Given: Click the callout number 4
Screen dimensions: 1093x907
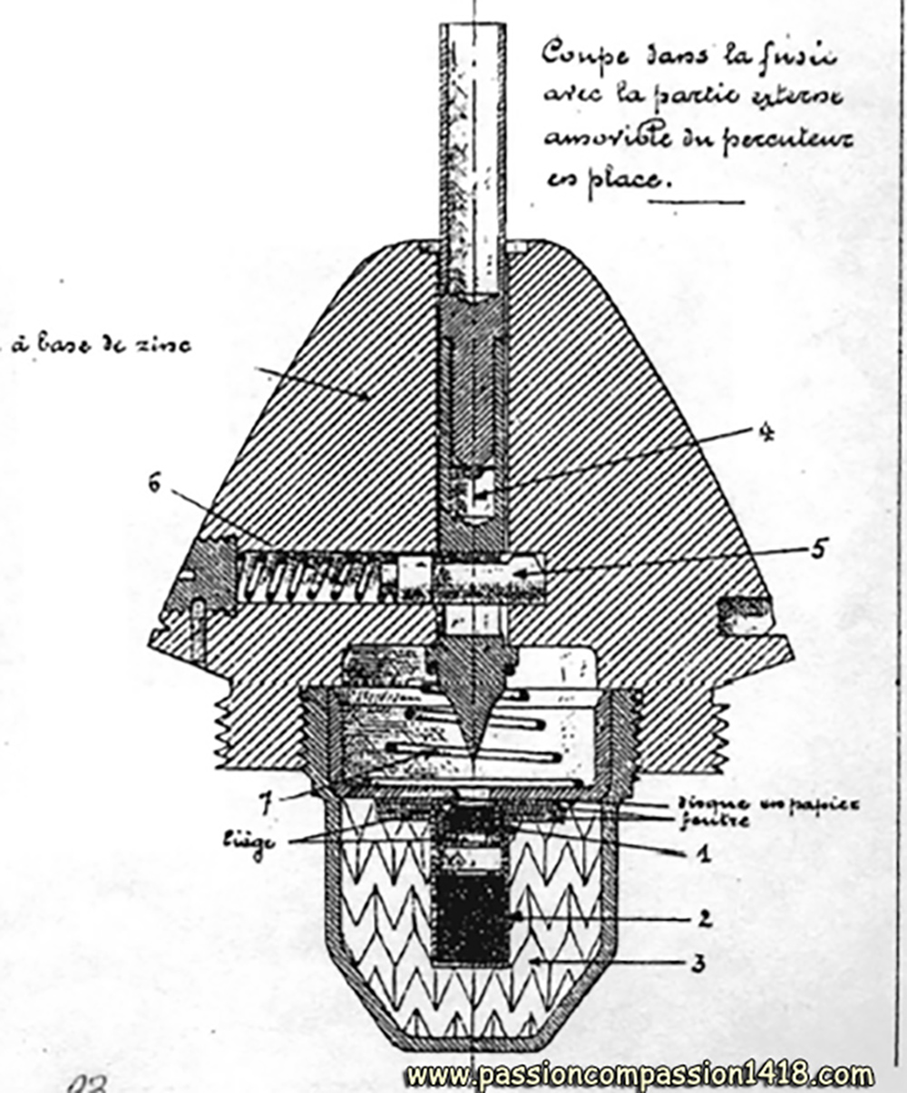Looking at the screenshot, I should pos(767,435).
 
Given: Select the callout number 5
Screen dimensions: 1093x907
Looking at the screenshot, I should pos(820,549).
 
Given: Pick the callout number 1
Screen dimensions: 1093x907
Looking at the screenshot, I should pos(698,853).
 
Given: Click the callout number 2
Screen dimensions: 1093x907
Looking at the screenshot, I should pos(705,920).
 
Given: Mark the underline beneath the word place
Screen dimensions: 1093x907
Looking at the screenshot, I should pos(696,200).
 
